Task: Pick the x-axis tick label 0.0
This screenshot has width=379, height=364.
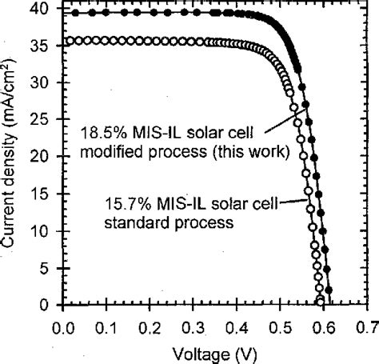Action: pos(62,326)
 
